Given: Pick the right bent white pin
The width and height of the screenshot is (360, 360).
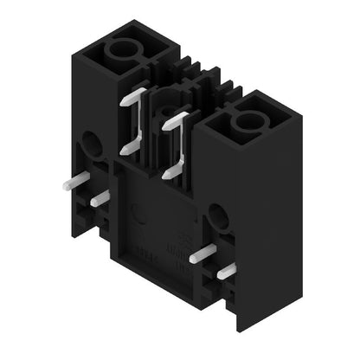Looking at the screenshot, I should click(x=180, y=138).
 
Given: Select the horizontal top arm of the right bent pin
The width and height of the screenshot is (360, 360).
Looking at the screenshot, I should click(x=177, y=115).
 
